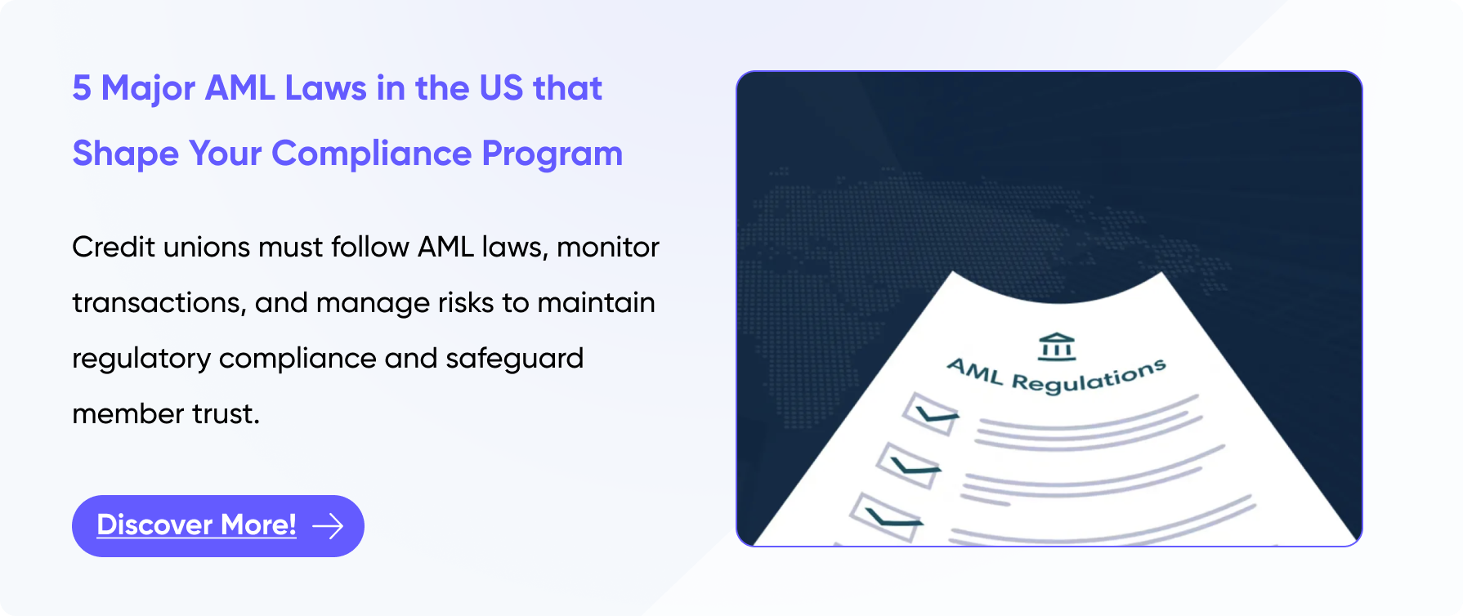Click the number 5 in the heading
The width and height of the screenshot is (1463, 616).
(x=82, y=88)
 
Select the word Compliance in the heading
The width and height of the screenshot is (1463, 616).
(x=372, y=154)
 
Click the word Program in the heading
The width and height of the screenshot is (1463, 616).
(x=553, y=154)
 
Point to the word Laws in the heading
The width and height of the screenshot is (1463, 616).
(x=326, y=88)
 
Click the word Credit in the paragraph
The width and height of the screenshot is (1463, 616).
(x=114, y=247)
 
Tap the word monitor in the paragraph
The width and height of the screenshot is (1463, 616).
(x=608, y=247)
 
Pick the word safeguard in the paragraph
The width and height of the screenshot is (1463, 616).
(x=515, y=359)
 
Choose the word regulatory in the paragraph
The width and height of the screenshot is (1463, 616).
(x=141, y=359)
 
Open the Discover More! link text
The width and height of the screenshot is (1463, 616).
(x=197, y=525)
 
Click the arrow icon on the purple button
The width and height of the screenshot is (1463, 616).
(x=328, y=526)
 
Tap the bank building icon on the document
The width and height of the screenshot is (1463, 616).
(x=1057, y=346)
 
